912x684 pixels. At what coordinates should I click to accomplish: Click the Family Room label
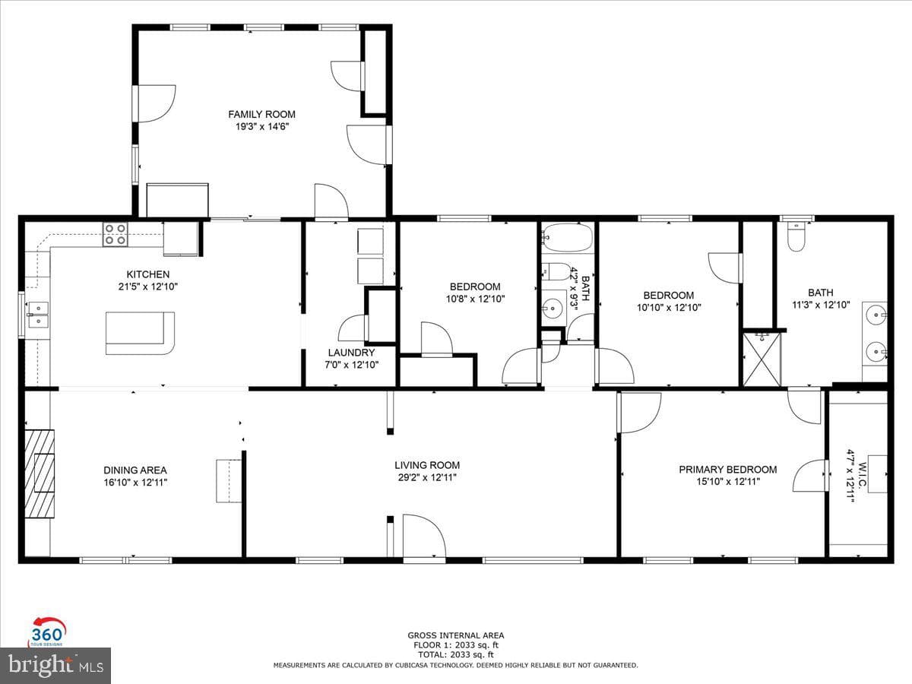261,114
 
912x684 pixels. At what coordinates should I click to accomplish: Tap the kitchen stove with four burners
115,235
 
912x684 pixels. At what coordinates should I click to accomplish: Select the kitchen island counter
140,333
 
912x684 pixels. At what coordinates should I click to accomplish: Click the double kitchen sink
38,315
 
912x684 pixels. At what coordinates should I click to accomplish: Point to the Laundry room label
352,353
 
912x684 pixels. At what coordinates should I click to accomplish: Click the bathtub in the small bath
567,238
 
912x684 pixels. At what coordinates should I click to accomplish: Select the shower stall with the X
762,359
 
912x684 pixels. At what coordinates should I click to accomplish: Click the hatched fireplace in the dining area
40,473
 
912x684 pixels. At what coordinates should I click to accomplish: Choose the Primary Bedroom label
728,470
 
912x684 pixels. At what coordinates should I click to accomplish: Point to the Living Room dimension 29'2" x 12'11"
427,477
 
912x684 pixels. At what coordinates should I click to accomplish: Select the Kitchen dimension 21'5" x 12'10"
148,287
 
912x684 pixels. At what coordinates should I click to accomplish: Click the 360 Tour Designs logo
48,632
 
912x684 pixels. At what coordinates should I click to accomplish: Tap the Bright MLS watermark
55,666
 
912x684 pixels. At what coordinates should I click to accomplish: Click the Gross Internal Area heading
456,635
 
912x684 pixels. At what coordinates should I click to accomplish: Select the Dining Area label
135,470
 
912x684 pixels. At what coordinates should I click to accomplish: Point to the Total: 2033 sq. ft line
456,655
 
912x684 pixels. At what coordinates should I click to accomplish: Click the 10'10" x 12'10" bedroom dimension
669,308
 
